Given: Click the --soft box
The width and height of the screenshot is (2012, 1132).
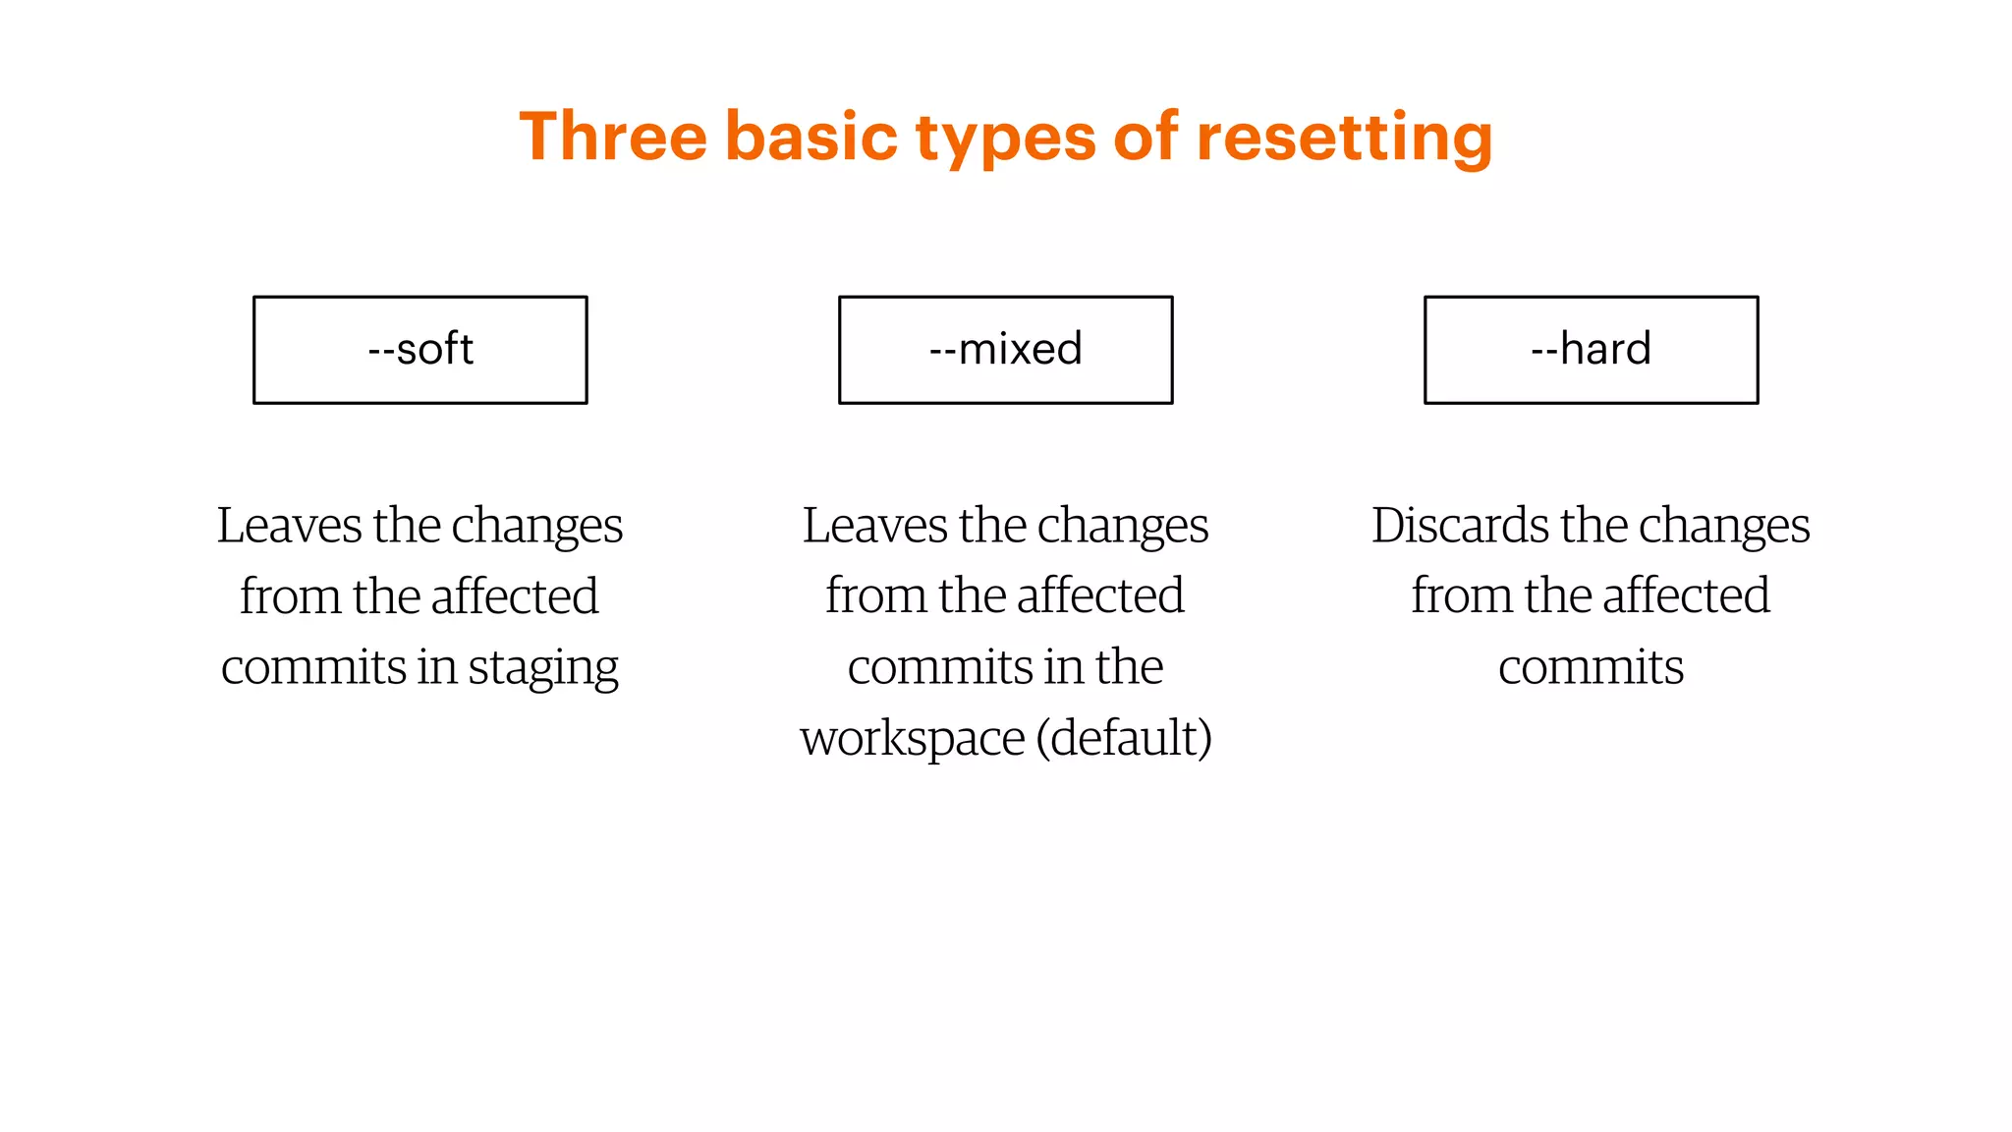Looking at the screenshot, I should tap(420, 350).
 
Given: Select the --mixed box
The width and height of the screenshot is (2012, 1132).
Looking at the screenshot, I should tap(1005, 350).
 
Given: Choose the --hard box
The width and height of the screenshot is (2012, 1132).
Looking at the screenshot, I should tap(1591, 350).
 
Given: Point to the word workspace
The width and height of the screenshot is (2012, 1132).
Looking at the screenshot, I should tap(912, 739).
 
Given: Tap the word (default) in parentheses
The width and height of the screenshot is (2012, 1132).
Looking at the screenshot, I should tap(1124, 739).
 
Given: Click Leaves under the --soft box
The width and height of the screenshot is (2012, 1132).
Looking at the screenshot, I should tap(289, 526).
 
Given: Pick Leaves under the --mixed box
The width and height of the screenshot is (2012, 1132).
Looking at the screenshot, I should tap(874, 526).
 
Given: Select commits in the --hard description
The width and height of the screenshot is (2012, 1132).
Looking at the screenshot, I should tap(1591, 668).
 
